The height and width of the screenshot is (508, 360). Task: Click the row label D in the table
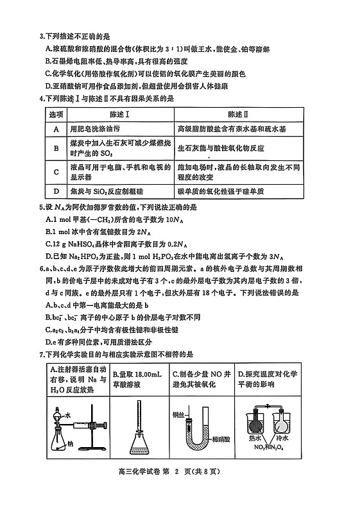coord(56,190)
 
